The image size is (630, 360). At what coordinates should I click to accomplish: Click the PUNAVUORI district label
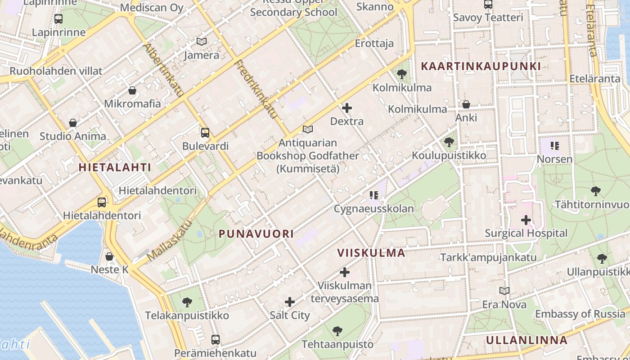(x=256, y=234)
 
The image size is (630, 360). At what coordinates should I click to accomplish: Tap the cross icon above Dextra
(x=347, y=108)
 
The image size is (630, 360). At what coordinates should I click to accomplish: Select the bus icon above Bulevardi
(x=205, y=133)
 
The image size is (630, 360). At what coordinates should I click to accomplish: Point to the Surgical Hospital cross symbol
(x=526, y=220)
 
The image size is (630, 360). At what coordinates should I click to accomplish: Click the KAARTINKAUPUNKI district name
(x=481, y=66)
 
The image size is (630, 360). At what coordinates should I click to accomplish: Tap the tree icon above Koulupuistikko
(x=449, y=143)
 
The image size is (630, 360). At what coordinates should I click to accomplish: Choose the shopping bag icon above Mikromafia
(x=132, y=90)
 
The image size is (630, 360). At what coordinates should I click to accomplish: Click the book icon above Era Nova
(x=504, y=291)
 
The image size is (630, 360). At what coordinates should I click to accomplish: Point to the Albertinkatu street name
(x=163, y=70)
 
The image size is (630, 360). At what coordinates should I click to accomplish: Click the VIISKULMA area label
(x=371, y=253)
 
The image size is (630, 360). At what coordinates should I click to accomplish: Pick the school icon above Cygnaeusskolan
(x=373, y=195)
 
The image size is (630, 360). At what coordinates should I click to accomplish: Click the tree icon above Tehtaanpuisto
(x=337, y=332)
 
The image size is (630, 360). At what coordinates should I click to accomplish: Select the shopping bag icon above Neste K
(x=109, y=256)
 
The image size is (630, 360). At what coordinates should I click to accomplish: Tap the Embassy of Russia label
(x=580, y=314)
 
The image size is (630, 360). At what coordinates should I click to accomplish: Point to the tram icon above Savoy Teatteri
(x=488, y=4)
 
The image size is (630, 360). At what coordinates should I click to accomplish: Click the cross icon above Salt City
(x=290, y=302)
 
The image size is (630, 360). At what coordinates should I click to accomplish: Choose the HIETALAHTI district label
(x=115, y=167)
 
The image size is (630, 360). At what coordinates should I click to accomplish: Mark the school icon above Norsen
(x=554, y=146)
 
